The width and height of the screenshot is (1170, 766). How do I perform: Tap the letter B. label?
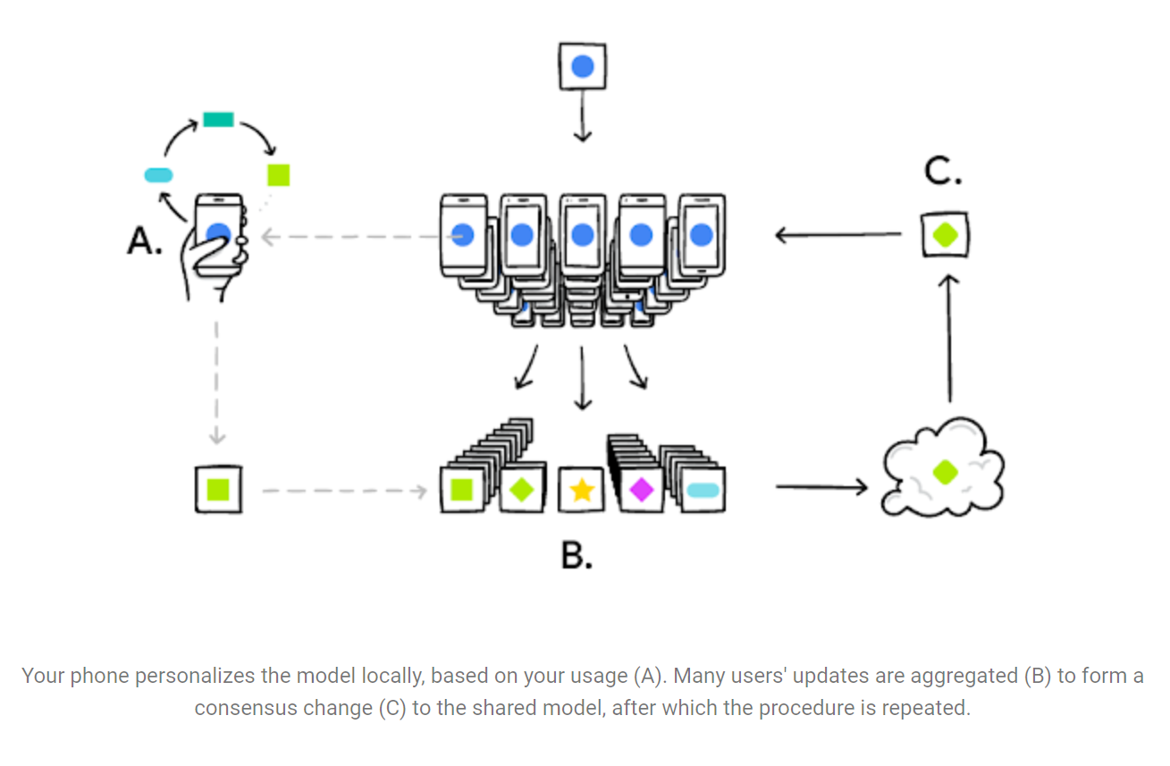coord(577,555)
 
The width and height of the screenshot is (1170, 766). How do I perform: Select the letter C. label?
coord(943,170)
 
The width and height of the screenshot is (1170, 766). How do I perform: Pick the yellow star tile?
coord(582,490)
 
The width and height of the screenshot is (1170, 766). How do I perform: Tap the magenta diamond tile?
coord(641,490)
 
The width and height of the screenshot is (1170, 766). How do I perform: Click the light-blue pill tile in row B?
coord(702,490)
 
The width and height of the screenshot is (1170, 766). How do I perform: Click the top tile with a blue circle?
coord(582,66)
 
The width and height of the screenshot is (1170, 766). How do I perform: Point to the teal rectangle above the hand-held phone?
coord(218,119)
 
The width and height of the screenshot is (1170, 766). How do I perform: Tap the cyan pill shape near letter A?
coord(158,174)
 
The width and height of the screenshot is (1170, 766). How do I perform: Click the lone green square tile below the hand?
coord(218,490)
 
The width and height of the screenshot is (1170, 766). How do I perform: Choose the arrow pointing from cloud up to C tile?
coord(948,340)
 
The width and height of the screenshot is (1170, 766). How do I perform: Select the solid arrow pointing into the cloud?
coord(821,487)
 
